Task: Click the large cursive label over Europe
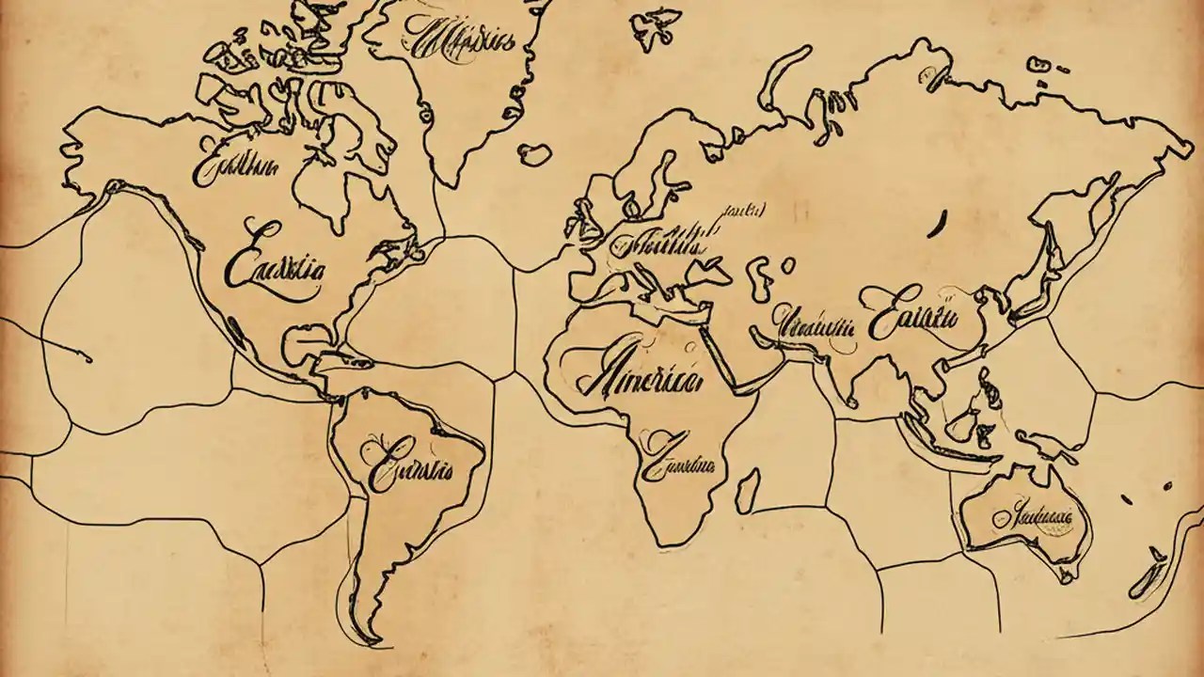point(658,244)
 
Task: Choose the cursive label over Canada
point(235,166)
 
